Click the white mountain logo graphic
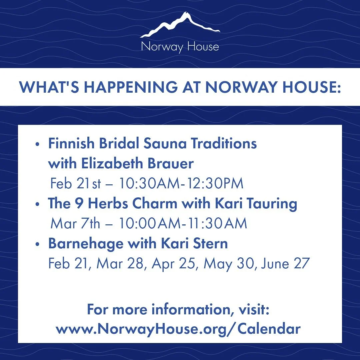(x=180, y=26)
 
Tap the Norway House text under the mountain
(x=180, y=47)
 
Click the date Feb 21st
(x=75, y=184)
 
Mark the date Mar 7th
(x=75, y=224)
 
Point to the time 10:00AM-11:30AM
(x=181, y=224)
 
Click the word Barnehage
(x=85, y=244)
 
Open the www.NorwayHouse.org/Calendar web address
(x=178, y=329)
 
